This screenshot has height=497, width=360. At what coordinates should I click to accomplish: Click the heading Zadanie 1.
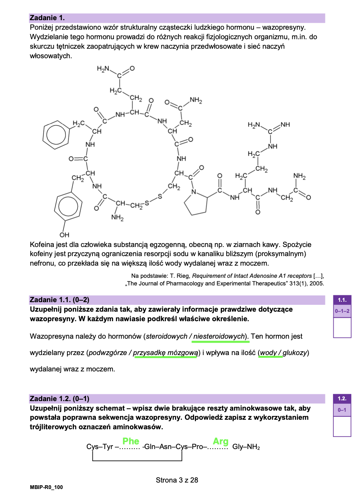click(x=47, y=18)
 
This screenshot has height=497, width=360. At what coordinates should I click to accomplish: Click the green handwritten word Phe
click(x=131, y=441)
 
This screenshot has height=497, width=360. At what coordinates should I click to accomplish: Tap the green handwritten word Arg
click(x=220, y=441)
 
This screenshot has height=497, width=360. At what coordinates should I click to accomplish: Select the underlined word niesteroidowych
click(x=219, y=336)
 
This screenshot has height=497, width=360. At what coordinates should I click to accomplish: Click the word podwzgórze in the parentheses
click(x=108, y=353)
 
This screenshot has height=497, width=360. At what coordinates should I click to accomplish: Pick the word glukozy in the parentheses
click(x=295, y=353)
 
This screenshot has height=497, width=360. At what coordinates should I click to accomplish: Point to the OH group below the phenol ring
click(x=64, y=235)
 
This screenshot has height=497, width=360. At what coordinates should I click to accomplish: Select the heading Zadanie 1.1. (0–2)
click(x=59, y=300)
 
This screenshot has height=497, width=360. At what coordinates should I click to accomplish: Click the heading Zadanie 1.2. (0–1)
click(x=59, y=399)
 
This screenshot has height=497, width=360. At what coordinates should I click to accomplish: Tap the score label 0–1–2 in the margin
click(x=342, y=311)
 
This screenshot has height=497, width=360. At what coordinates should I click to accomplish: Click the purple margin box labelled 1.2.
click(x=342, y=399)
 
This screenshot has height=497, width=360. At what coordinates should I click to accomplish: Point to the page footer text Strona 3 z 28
click(x=177, y=480)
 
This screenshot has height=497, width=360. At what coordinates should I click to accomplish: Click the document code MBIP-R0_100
click(x=46, y=487)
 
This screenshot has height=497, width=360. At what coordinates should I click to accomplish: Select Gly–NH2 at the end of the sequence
click(x=246, y=447)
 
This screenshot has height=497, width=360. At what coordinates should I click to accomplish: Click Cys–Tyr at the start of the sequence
click(x=100, y=447)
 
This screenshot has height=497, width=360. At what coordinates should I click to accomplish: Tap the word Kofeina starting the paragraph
click(x=42, y=245)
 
